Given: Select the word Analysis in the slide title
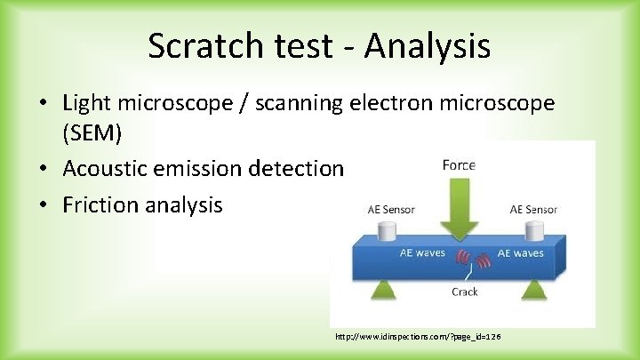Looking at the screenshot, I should point(430,46).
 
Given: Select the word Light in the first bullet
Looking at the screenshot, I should point(88,104).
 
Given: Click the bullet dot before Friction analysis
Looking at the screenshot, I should point(44,205).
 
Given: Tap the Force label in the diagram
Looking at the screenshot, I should point(459,164).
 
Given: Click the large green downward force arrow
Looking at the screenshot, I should point(459,207).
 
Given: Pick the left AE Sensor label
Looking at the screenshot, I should point(391,210).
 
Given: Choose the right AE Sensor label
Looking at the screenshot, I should point(533,210).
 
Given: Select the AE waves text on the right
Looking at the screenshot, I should point(520,253).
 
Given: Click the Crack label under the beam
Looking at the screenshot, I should point(464,292).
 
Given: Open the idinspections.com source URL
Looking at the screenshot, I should point(418,339).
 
